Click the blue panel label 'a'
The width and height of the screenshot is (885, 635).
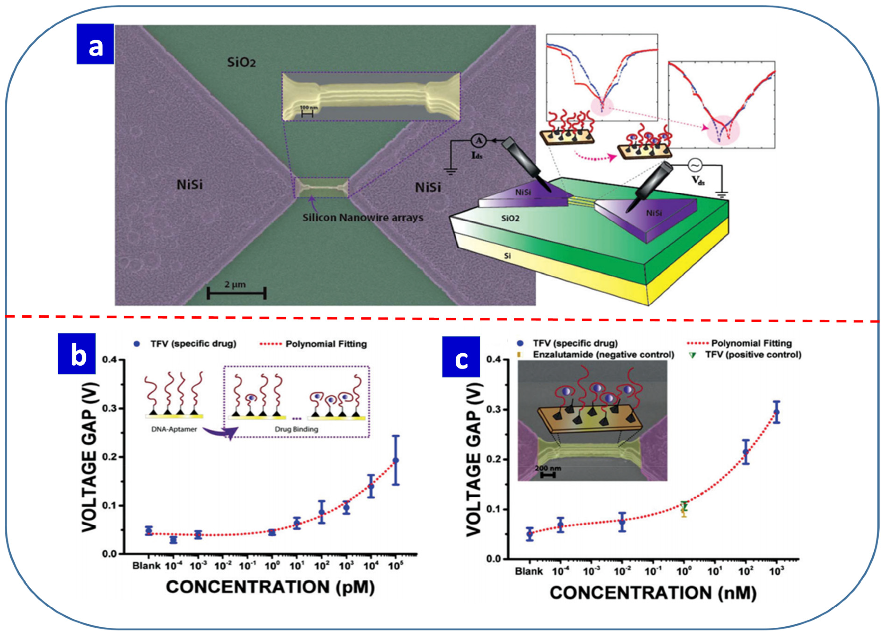click(x=95, y=44)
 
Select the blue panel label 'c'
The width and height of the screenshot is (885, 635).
click(x=461, y=357)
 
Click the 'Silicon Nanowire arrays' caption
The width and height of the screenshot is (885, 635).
click(x=363, y=217)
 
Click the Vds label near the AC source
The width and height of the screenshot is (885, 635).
click(x=698, y=180)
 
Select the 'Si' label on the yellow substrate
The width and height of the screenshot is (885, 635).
click(x=507, y=256)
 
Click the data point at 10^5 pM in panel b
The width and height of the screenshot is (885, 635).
click(x=396, y=461)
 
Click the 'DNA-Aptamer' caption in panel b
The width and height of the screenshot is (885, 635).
click(x=174, y=429)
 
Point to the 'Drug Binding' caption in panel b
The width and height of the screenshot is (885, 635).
click(x=296, y=429)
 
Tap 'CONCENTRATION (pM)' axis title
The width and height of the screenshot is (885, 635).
click(x=270, y=587)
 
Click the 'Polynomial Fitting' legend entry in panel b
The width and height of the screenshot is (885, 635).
click(x=326, y=344)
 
